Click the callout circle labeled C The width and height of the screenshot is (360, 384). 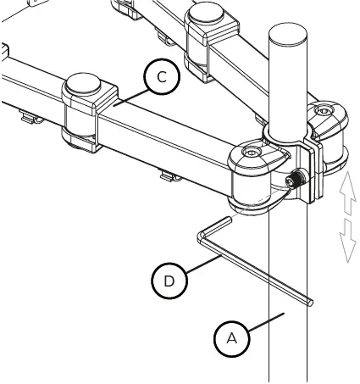pos(162,78)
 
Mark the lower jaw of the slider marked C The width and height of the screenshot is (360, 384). pos(81,139)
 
